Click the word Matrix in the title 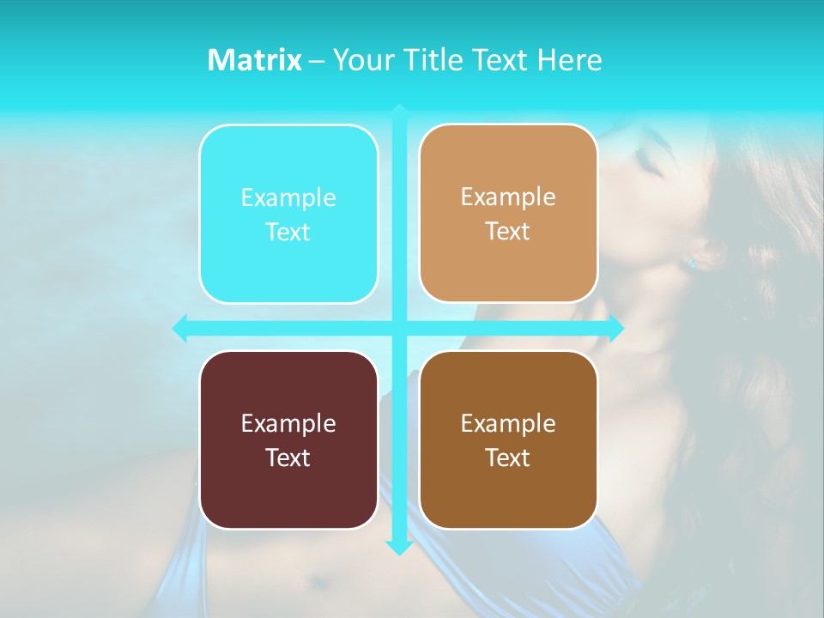(255, 60)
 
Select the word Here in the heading (569, 60)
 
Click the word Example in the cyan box (288, 198)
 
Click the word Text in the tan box (508, 232)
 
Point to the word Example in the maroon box (288, 423)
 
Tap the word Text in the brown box (508, 457)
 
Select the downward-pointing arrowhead (399, 547)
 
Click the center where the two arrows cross (399, 328)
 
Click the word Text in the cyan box (288, 233)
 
